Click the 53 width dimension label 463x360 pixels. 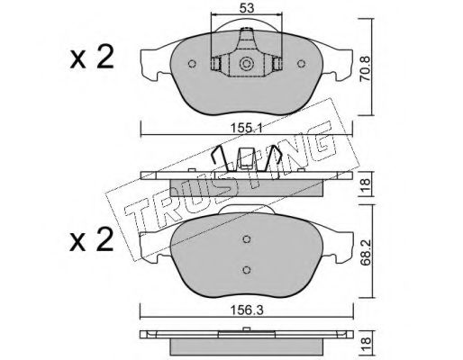tap(247, 8)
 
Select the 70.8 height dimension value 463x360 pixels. tap(366, 69)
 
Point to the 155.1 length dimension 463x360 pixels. tap(247, 129)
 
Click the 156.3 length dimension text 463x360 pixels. tap(247, 310)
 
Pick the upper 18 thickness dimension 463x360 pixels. tap(366, 184)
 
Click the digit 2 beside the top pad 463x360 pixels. tap(105, 57)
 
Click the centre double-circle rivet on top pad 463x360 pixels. tap(246, 64)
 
